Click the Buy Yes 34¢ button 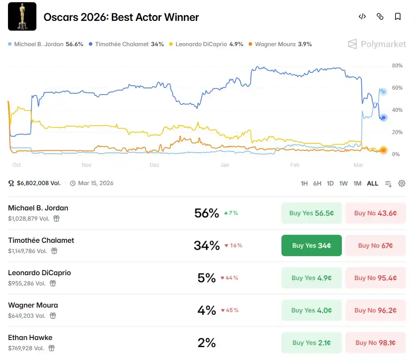[x=311, y=245]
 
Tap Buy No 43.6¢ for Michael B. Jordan [x=375, y=213]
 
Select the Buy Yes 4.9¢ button [x=311, y=278]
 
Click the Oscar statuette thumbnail [x=22, y=17]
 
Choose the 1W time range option [x=343, y=183]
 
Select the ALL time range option [x=372, y=183]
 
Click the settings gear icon [x=402, y=183]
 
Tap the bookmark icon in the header [x=398, y=17]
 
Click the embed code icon [x=362, y=17]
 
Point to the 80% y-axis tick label [x=397, y=66]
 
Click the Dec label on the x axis [x=155, y=165]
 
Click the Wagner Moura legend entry [x=280, y=44]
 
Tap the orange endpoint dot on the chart [x=383, y=150]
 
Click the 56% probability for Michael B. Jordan [x=206, y=213]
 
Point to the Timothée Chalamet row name [x=41, y=240]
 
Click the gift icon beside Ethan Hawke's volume [x=52, y=348]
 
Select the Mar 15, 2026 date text [x=95, y=183]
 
